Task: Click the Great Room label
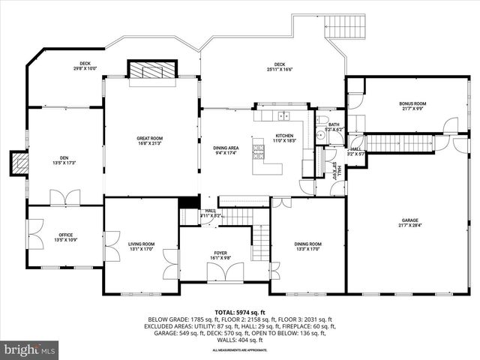(150, 140)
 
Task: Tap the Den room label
(64, 160)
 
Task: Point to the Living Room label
(141, 246)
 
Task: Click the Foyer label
(220, 255)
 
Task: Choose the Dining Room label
(307, 246)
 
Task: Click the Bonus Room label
(412, 106)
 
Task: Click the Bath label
(334, 127)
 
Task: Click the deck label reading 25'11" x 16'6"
(279, 66)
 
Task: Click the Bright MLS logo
(29, 349)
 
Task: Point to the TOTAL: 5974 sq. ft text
(240, 312)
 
